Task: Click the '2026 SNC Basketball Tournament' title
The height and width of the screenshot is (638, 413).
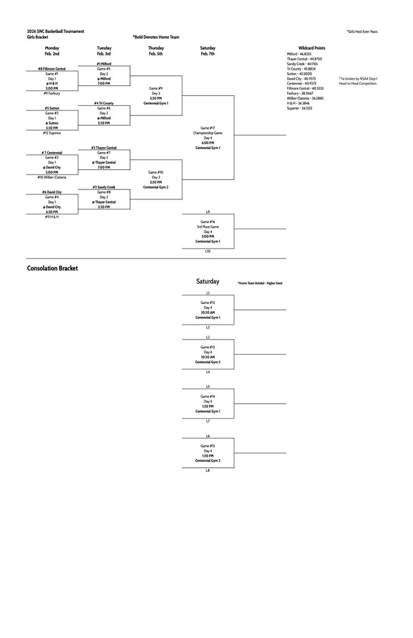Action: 55,31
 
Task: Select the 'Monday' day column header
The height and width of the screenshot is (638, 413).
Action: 52,48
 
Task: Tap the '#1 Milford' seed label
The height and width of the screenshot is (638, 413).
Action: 104,64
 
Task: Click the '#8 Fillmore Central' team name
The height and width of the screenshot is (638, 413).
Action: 52,69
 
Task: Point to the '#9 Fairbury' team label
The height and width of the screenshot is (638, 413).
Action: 52,93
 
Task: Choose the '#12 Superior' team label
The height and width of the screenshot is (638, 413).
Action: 52,133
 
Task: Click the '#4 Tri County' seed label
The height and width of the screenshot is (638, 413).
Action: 104,103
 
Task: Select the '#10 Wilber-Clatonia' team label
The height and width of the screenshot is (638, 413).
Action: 52,177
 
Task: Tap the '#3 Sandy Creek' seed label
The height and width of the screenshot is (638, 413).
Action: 104,187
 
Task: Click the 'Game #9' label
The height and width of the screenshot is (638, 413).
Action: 156,88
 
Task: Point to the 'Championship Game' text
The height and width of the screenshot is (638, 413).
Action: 207,133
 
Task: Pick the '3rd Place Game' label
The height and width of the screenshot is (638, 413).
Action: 207,226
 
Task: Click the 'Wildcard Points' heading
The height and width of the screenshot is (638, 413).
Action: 311,48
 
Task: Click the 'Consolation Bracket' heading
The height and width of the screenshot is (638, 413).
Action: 52,269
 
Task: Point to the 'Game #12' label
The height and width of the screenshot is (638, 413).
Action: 207,303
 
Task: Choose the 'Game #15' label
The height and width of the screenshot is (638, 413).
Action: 207,446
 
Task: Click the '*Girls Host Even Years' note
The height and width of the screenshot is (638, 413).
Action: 363,31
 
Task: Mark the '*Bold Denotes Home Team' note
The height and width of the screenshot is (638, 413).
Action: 156,37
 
